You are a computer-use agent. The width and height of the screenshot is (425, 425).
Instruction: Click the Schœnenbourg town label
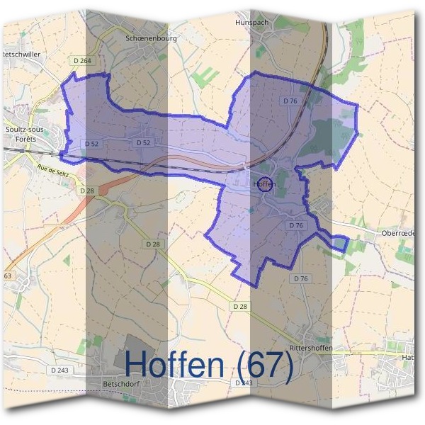point(150,38)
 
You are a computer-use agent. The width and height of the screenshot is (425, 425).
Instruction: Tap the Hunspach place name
point(253,22)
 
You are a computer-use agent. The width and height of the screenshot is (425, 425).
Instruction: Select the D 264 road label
point(81,61)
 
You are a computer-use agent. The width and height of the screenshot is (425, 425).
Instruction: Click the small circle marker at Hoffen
point(264,184)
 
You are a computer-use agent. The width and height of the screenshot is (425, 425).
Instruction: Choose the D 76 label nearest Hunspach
point(290,101)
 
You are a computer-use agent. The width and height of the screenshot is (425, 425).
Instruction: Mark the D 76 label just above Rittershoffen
point(300,278)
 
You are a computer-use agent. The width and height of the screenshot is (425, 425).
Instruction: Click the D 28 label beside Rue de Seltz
point(87,191)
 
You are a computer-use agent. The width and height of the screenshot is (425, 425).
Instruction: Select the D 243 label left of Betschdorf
point(59,370)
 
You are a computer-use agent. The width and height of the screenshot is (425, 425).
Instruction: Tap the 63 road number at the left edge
point(8,276)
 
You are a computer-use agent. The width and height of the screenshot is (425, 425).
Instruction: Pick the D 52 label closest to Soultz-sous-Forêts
point(91,143)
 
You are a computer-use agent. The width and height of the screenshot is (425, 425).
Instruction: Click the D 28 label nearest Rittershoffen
point(239,305)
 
